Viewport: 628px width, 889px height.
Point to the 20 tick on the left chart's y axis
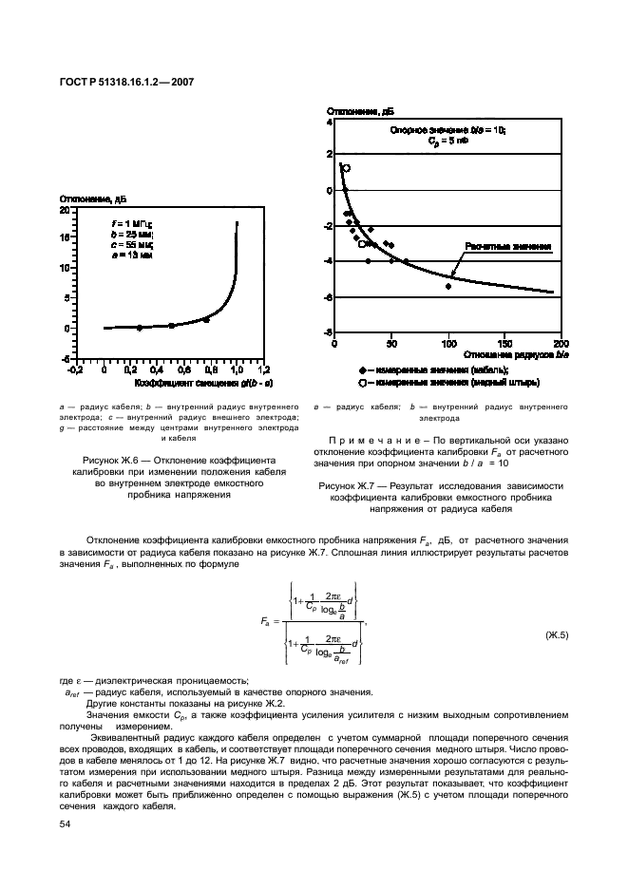tap(65, 209)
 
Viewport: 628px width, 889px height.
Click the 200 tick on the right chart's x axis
tap(561, 344)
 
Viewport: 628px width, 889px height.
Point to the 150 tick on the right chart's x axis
tap(505, 344)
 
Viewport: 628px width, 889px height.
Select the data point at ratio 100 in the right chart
tap(448, 286)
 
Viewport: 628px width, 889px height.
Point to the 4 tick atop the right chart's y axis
tap(330, 123)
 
